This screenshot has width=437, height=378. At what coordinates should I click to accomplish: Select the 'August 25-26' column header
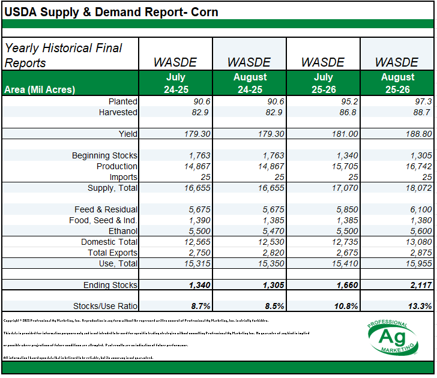(397, 83)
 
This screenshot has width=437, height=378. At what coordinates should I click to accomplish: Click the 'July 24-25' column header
(176, 83)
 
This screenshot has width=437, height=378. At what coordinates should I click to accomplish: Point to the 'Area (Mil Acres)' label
(40, 89)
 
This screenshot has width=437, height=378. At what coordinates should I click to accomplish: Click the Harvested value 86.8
(348, 112)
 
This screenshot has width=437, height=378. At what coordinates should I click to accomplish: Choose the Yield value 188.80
(416, 134)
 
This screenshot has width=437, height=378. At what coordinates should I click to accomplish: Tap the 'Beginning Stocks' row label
(104, 155)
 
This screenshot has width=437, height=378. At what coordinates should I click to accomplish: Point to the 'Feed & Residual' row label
(107, 209)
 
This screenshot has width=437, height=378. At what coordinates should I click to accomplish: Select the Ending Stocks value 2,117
(419, 285)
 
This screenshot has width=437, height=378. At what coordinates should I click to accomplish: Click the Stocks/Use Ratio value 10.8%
(345, 306)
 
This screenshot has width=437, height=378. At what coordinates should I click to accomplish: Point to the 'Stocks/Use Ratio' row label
(105, 306)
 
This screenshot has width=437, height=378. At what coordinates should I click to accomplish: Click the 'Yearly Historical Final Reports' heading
(63, 55)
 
